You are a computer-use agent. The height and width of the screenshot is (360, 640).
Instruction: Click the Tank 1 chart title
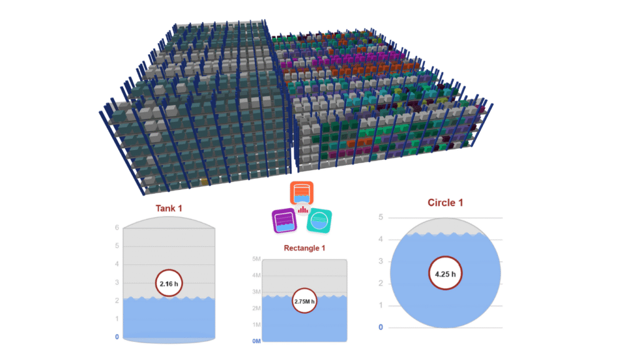pos(169,208)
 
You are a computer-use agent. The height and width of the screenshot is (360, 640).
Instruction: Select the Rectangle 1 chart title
pos(304,248)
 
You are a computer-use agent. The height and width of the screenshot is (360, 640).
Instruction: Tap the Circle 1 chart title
pos(445,202)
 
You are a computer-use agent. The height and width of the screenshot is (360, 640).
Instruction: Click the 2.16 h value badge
pos(169,283)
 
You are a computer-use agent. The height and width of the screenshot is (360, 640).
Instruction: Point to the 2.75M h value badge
pos(304,302)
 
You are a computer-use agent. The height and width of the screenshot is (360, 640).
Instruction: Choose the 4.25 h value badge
pos(445,273)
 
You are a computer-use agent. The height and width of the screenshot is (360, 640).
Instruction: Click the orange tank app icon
pos(301,193)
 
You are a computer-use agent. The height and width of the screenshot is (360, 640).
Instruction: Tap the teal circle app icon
pos(319,221)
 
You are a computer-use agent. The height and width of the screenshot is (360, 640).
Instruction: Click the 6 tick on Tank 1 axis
pos(116,227)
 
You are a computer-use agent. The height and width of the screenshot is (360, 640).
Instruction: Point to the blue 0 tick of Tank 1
pos(116,337)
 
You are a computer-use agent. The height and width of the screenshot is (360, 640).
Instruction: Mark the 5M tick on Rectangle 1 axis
pos(256,259)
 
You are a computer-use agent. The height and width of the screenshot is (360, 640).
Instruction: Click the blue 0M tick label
pos(255,341)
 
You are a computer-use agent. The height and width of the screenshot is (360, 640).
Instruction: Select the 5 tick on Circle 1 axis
pos(381,217)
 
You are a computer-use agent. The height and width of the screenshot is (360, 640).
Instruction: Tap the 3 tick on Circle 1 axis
pos(381,261)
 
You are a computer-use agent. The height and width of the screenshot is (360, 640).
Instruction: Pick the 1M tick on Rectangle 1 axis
pos(256,325)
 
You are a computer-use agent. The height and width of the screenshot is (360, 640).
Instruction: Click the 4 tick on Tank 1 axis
pos(116,264)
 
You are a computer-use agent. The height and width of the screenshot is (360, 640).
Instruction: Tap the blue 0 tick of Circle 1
pos(381,327)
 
